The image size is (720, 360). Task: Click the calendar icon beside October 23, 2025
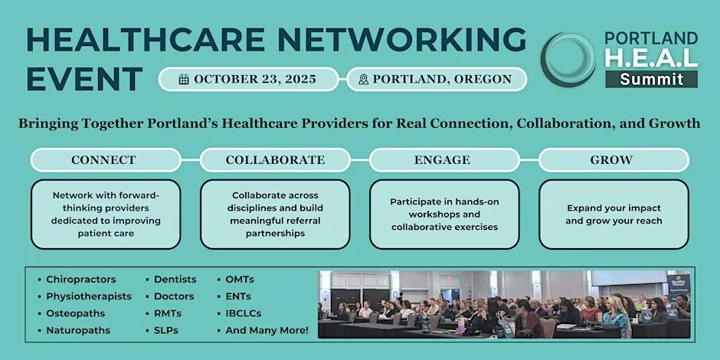pos(184,80)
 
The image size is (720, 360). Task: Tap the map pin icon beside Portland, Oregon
pos(364,80)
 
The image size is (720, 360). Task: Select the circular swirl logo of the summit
pos(568,60)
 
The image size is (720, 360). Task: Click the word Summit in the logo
pos(652,80)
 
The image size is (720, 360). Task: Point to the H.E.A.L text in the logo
pos(652,58)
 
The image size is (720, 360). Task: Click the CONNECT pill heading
pos(106,160)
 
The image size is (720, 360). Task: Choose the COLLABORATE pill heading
pos(275,160)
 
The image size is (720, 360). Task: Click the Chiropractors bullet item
pos(77,279)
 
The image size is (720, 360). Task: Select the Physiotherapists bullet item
pos(85,296)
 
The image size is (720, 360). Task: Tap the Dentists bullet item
pos(172,279)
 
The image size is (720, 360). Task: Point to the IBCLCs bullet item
pos(239,313)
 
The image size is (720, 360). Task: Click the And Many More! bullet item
pos(263,331)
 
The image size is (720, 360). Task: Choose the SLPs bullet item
pos(162,331)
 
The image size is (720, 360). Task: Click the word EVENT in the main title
pos(84,79)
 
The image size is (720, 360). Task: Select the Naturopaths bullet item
pos(74,331)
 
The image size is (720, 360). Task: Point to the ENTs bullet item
pos(234,296)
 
